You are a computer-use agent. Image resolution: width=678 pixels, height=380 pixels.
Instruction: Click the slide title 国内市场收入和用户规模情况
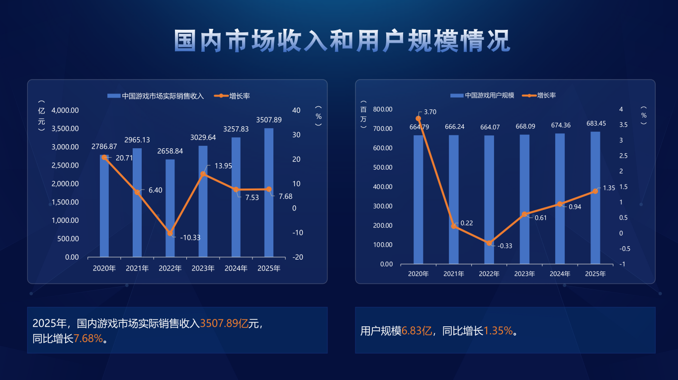tap(342, 41)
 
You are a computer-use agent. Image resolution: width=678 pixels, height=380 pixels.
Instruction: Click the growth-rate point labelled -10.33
tap(170, 233)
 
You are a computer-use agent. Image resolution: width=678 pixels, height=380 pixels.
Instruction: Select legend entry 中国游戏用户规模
tap(489, 95)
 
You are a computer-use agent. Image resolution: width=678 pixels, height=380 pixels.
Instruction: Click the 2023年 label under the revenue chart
tap(203, 269)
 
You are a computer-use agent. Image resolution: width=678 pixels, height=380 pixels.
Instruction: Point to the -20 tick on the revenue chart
tap(298, 257)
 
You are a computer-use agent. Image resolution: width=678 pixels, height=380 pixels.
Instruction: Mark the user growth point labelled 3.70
tap(418, 119)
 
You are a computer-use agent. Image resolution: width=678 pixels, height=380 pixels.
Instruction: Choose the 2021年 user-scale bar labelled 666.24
tap(454, 199)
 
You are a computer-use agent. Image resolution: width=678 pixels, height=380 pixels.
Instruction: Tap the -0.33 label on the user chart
tap(505, 246)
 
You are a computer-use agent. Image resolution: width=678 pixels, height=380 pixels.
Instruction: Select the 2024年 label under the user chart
tap(560, 274)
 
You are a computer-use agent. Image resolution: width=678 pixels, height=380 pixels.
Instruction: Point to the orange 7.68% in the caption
tap(88, 339)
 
